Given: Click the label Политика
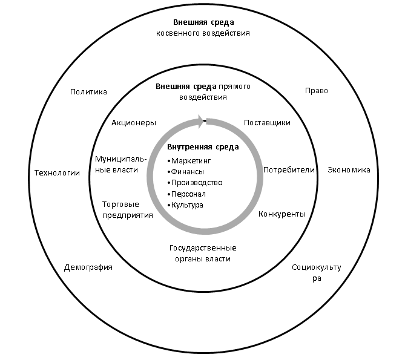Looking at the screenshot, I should tap(88, 92).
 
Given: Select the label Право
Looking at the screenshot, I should tap(316, 91).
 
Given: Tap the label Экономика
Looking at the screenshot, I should tap(349, 170).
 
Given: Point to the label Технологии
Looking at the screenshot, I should tap(57, 172).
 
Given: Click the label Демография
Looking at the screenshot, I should tap(88, 267).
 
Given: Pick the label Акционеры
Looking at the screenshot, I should tap(134, 122).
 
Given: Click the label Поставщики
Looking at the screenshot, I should tap(267, 123).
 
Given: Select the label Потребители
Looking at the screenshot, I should tap(289, 170).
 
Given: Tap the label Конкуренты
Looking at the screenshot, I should tap(282, 214).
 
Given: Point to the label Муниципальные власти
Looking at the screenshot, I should tap(117, 164).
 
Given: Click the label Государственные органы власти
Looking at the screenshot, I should tap(203, 254).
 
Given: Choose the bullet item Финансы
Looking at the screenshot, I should tap(188, 172).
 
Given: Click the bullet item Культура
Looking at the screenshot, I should tap(187, 205).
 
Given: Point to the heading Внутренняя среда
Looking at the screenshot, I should tap(203, 147).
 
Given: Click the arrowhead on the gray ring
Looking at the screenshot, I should tap(198, 121).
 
